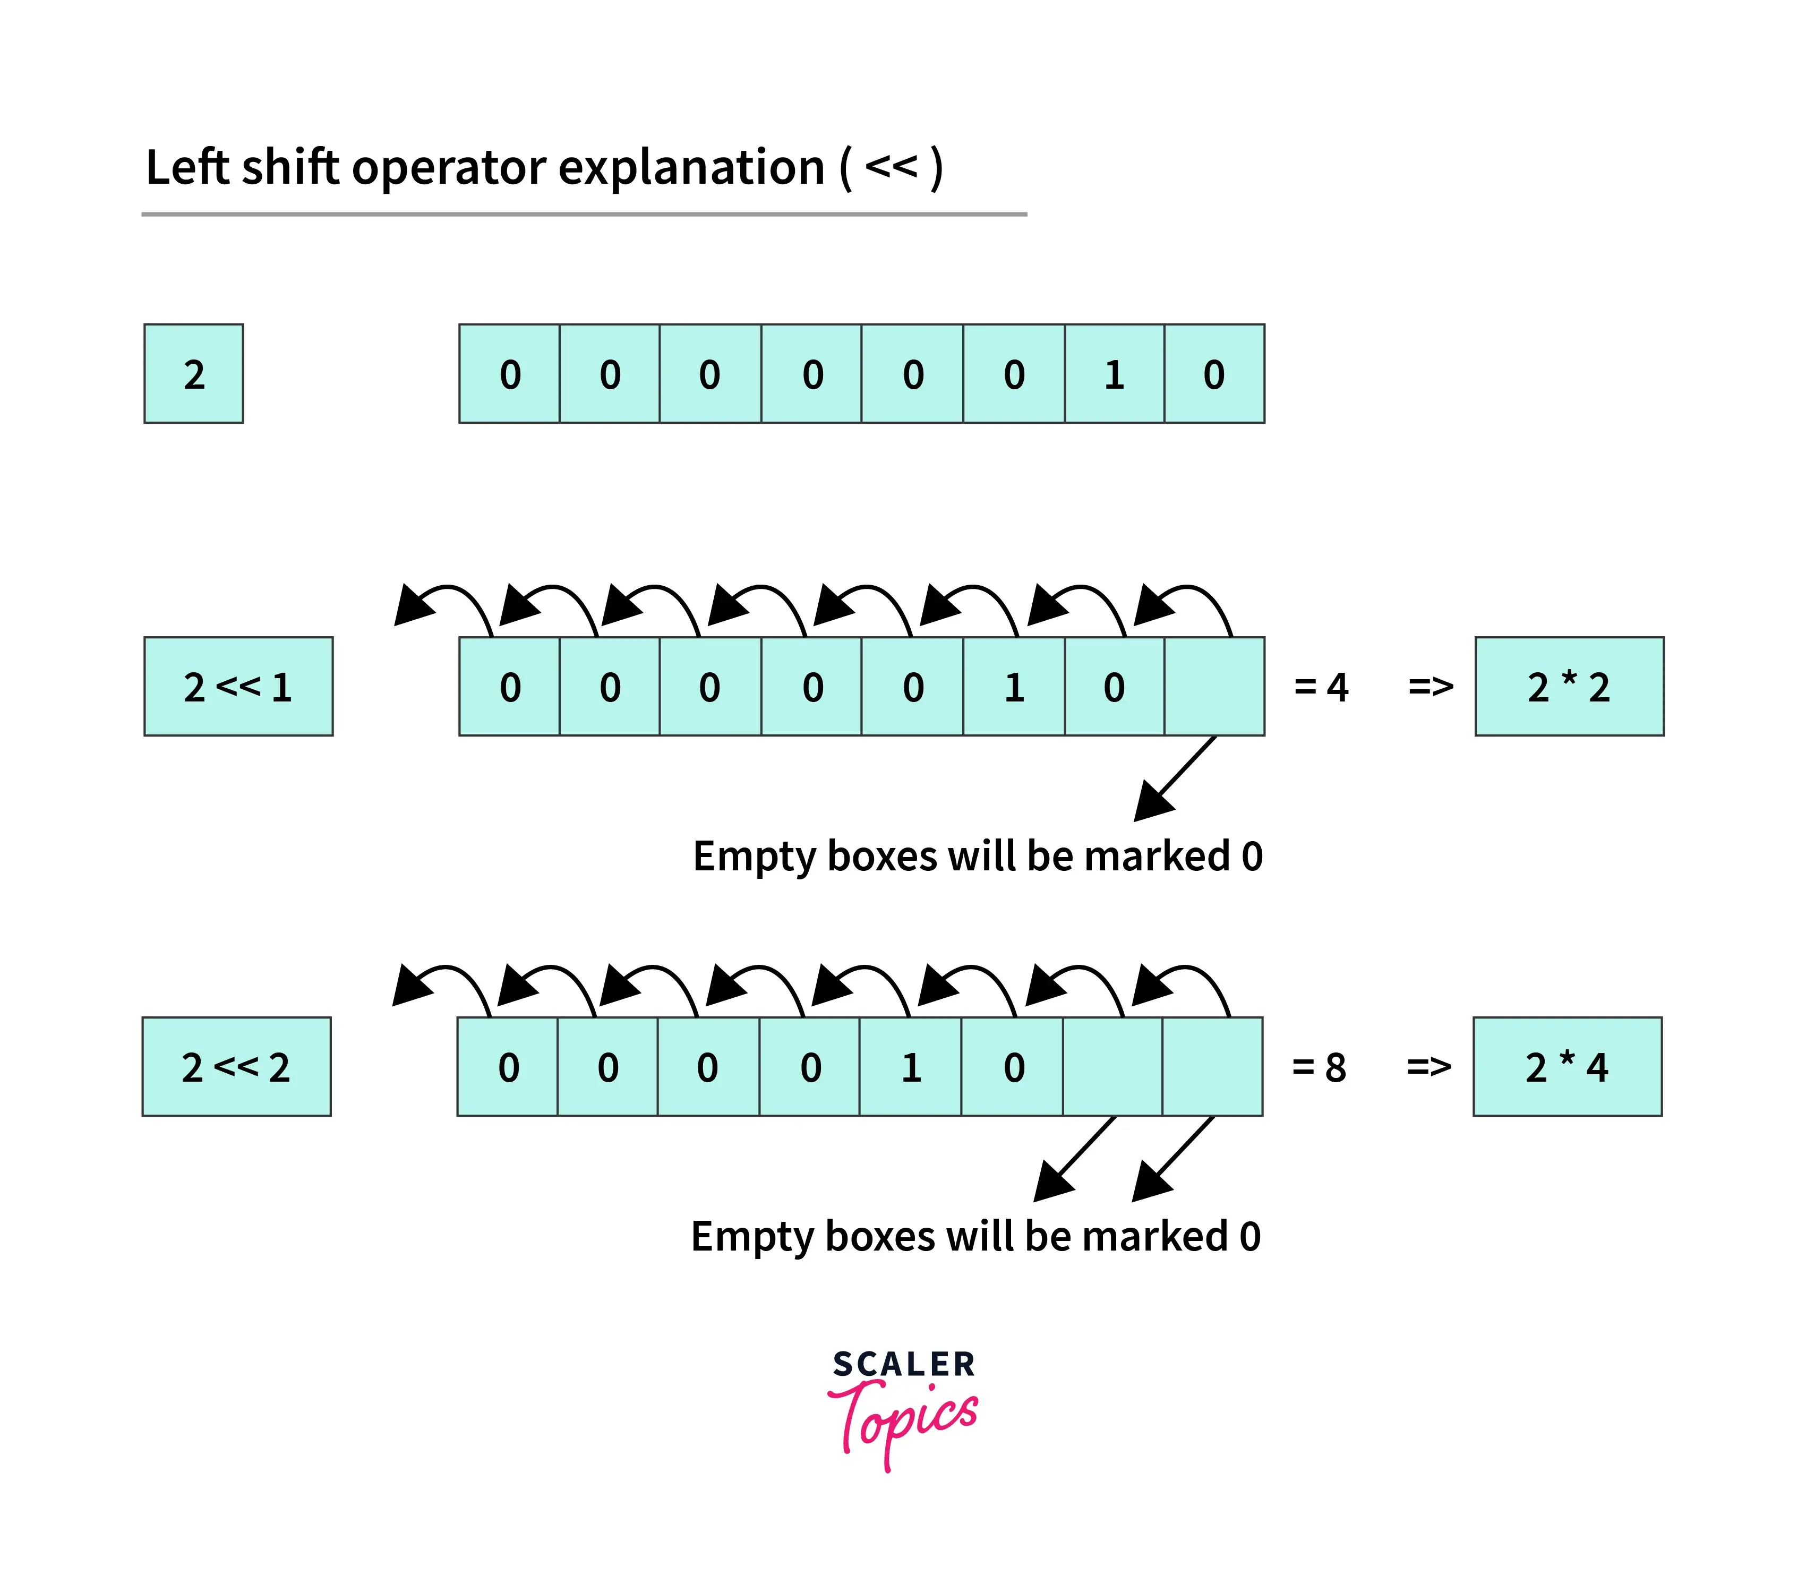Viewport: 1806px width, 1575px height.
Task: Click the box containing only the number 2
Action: (x=193, y=373)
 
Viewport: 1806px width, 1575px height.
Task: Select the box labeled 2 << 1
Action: (x=238, y=687)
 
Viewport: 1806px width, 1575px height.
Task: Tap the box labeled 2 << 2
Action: (x=236, y=1067)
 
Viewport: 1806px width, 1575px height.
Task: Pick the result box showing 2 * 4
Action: (x=1567, y=1067)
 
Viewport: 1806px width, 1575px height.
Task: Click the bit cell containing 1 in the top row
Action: (x=1115, y=373)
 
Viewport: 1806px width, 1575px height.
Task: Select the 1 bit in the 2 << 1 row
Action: (x=1014, y=687)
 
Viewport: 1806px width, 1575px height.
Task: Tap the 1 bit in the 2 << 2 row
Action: (x=911, y=1067)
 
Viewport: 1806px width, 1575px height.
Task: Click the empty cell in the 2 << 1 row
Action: (x=1214, y=687)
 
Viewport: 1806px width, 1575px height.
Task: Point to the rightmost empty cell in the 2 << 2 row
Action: (x=1213, y=1067)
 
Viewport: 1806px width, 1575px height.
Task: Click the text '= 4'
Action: (x=1321, y=687)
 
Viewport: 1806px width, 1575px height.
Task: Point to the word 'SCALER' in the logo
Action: (x=903, y=1364)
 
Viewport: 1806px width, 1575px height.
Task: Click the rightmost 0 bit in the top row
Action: (x=1214, y=373)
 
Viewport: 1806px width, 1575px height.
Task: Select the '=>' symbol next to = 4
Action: (x=1431, y=687)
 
